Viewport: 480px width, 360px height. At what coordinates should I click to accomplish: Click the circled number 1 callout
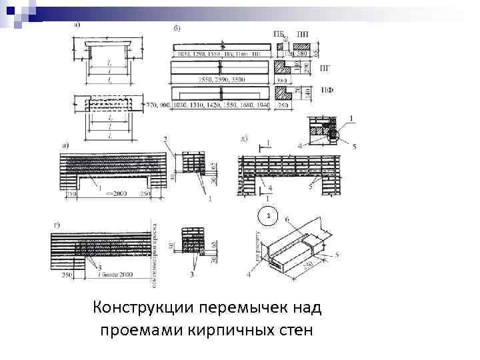pyautogui.click(x=267, y=217)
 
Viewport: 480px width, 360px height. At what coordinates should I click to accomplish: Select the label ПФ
pyautogui.click(x=327, y=90)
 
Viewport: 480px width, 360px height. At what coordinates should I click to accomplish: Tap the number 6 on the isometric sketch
pyautogui.click(x=287, y=219)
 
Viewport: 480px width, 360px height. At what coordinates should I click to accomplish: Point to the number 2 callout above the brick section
pyautogui.click(x=164, y=139)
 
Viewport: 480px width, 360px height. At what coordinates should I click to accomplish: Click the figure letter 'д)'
pyautogui.click(x=244, y=139)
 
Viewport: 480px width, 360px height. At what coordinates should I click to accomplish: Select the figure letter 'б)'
pyautogui.click(x=176, y=27)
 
